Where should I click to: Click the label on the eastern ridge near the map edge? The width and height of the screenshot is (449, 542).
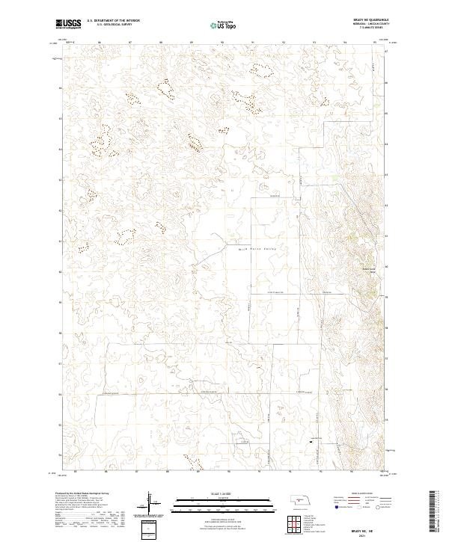[x=367, y=270]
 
